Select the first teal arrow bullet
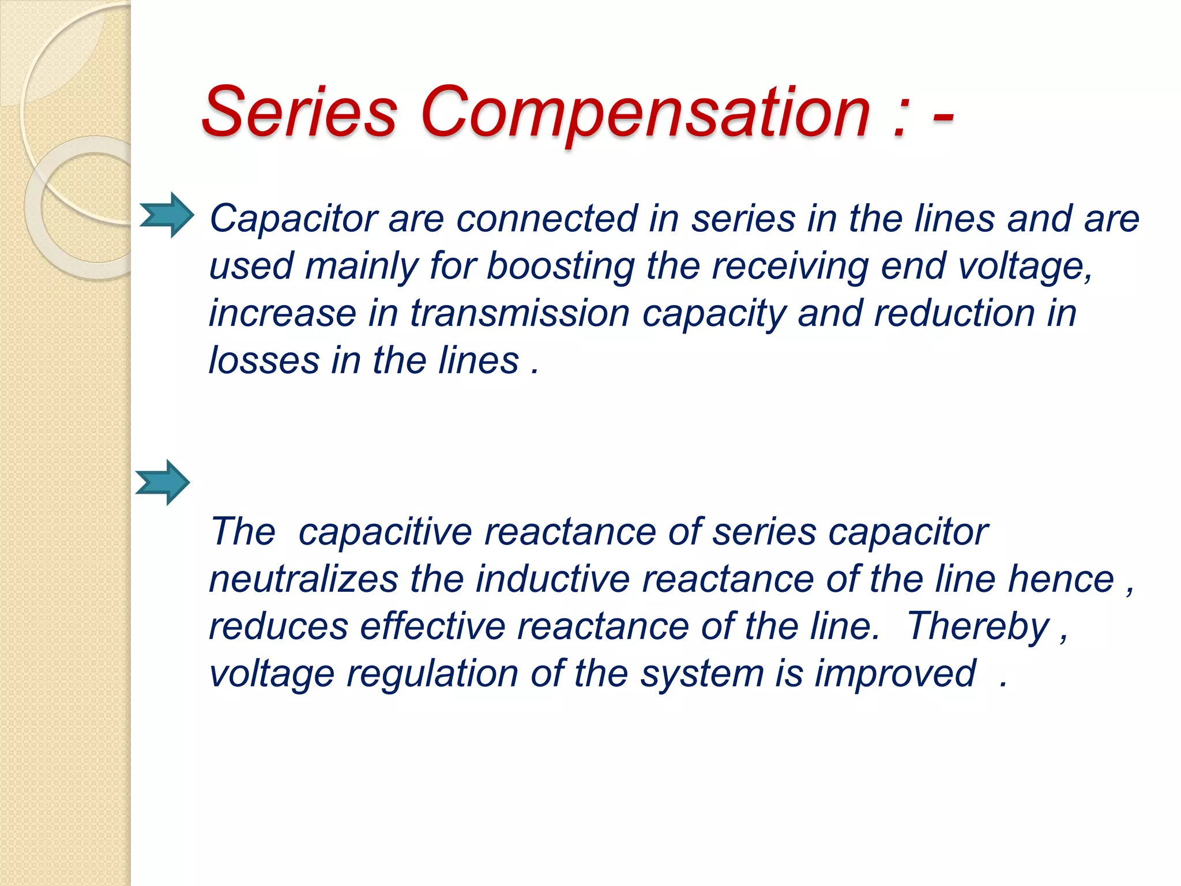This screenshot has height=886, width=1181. coord(167,215)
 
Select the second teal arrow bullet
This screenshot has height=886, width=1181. coord(163,483)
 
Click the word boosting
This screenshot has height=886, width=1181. coord(560,266)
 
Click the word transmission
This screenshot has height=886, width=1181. coord(520,314)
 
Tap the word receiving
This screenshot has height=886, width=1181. coord(789,266)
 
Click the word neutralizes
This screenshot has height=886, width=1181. coord(303,580)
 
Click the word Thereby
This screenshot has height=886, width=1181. coord(978,627)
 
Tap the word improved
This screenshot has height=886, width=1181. coord(894,674)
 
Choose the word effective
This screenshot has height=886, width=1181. coord(432,627)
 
